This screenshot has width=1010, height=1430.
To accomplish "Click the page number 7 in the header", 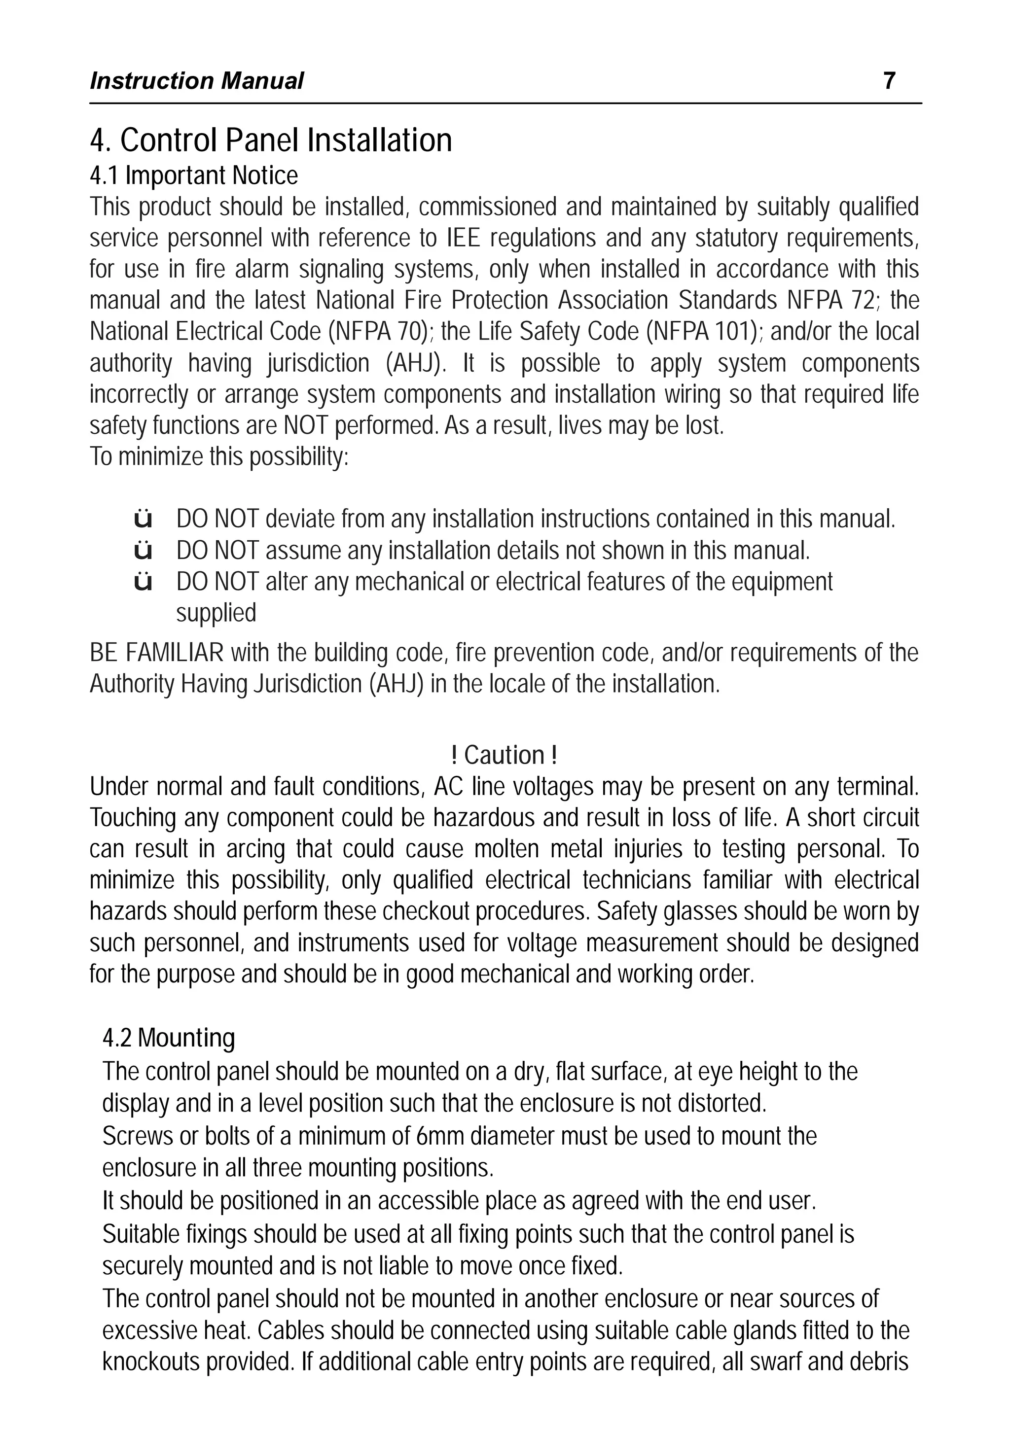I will (889, 81).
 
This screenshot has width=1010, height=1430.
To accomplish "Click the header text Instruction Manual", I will (196, 81).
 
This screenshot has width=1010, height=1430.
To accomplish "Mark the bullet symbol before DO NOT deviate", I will (144, 519).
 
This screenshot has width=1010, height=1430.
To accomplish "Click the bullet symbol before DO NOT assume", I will (144, 551).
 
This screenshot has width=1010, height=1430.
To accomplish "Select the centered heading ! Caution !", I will (504, 756).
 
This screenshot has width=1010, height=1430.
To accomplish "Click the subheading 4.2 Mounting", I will (169, 1038).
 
